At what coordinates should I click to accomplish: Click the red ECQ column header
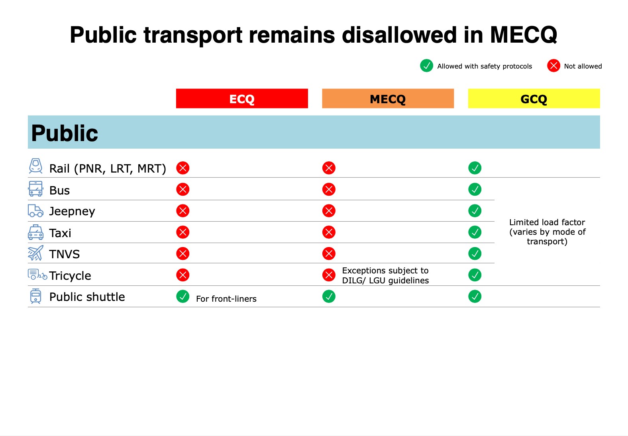(242, 98)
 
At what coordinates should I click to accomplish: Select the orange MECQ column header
(388, 98)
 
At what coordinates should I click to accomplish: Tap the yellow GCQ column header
(534, 98)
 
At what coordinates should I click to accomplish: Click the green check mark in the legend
(426, 66)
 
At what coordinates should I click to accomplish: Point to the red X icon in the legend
(553, 66)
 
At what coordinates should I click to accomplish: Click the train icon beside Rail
(35, 166)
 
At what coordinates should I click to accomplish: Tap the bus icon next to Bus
(35, 189)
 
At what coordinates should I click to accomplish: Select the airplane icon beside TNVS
(35, 253)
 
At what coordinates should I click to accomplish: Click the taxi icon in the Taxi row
(35, 232)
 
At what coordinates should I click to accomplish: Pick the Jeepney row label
(72, 211)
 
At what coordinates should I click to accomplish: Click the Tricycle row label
(70, 276)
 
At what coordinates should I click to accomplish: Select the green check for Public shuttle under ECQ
(183, 297)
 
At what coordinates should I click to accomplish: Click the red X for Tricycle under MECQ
(329, 275)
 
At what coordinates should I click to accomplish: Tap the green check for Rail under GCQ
(475, 168)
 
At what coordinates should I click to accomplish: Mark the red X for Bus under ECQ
(183, 189)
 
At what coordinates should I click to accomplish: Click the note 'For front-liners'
(226, 299)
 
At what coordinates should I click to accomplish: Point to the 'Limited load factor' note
(547, 232)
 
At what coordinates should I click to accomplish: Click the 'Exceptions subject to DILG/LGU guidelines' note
(385, 275)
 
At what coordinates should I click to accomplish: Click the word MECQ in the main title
(523, 35)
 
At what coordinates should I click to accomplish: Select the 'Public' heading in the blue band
(65, 133)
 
